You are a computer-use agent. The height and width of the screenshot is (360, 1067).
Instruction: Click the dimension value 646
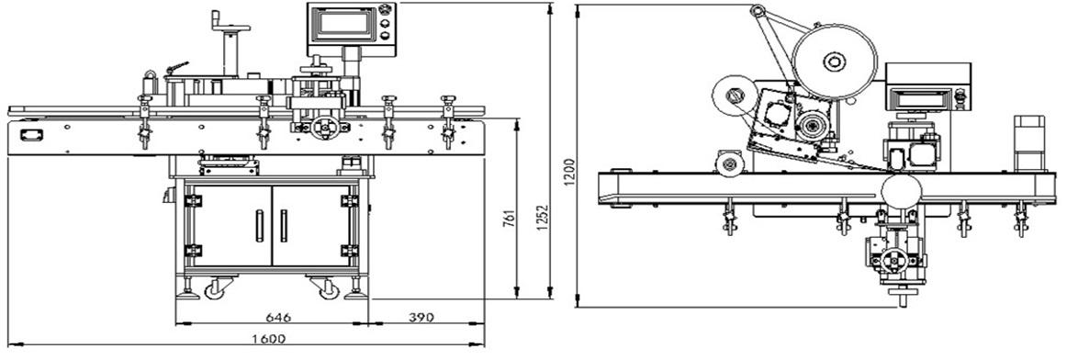tap(278, 317)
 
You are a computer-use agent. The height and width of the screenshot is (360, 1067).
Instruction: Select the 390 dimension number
tap(421, 317)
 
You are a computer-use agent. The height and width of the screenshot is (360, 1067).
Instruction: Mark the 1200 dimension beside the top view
tap(570, 173)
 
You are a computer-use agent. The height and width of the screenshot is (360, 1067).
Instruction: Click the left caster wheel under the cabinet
tap(215, 288)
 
